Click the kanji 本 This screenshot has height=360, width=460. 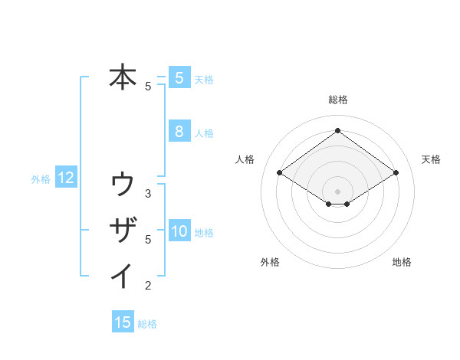tap(123, 78)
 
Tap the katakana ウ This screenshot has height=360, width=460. tap(123, 185)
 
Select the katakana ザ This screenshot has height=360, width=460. tap(123, 230)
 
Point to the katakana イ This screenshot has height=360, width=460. tap(123, 275)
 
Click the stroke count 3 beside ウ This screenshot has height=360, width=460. tap(148, 193)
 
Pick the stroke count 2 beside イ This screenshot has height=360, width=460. tap(148, 286)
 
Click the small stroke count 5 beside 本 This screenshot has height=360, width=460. tap(148, 87)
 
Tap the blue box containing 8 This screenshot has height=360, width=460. tap(179, 131)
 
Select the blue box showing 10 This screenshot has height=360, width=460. tap(179, 231)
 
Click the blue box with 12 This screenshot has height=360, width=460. tap(66, 178)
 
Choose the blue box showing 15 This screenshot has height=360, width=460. tap(123, 322)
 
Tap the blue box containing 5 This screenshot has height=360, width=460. tap(179, 77)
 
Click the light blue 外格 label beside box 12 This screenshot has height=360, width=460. tap(41, 179)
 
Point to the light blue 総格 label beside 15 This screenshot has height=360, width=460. tap(147, 324)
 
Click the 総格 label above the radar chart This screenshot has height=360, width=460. tap(337, 100)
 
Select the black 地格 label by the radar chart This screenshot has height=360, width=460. tap(402, 263)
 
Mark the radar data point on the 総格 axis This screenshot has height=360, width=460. tap(337, 131)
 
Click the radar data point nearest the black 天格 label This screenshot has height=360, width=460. tap(396, 173)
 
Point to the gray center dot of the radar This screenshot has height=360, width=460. tap(337, 191)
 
